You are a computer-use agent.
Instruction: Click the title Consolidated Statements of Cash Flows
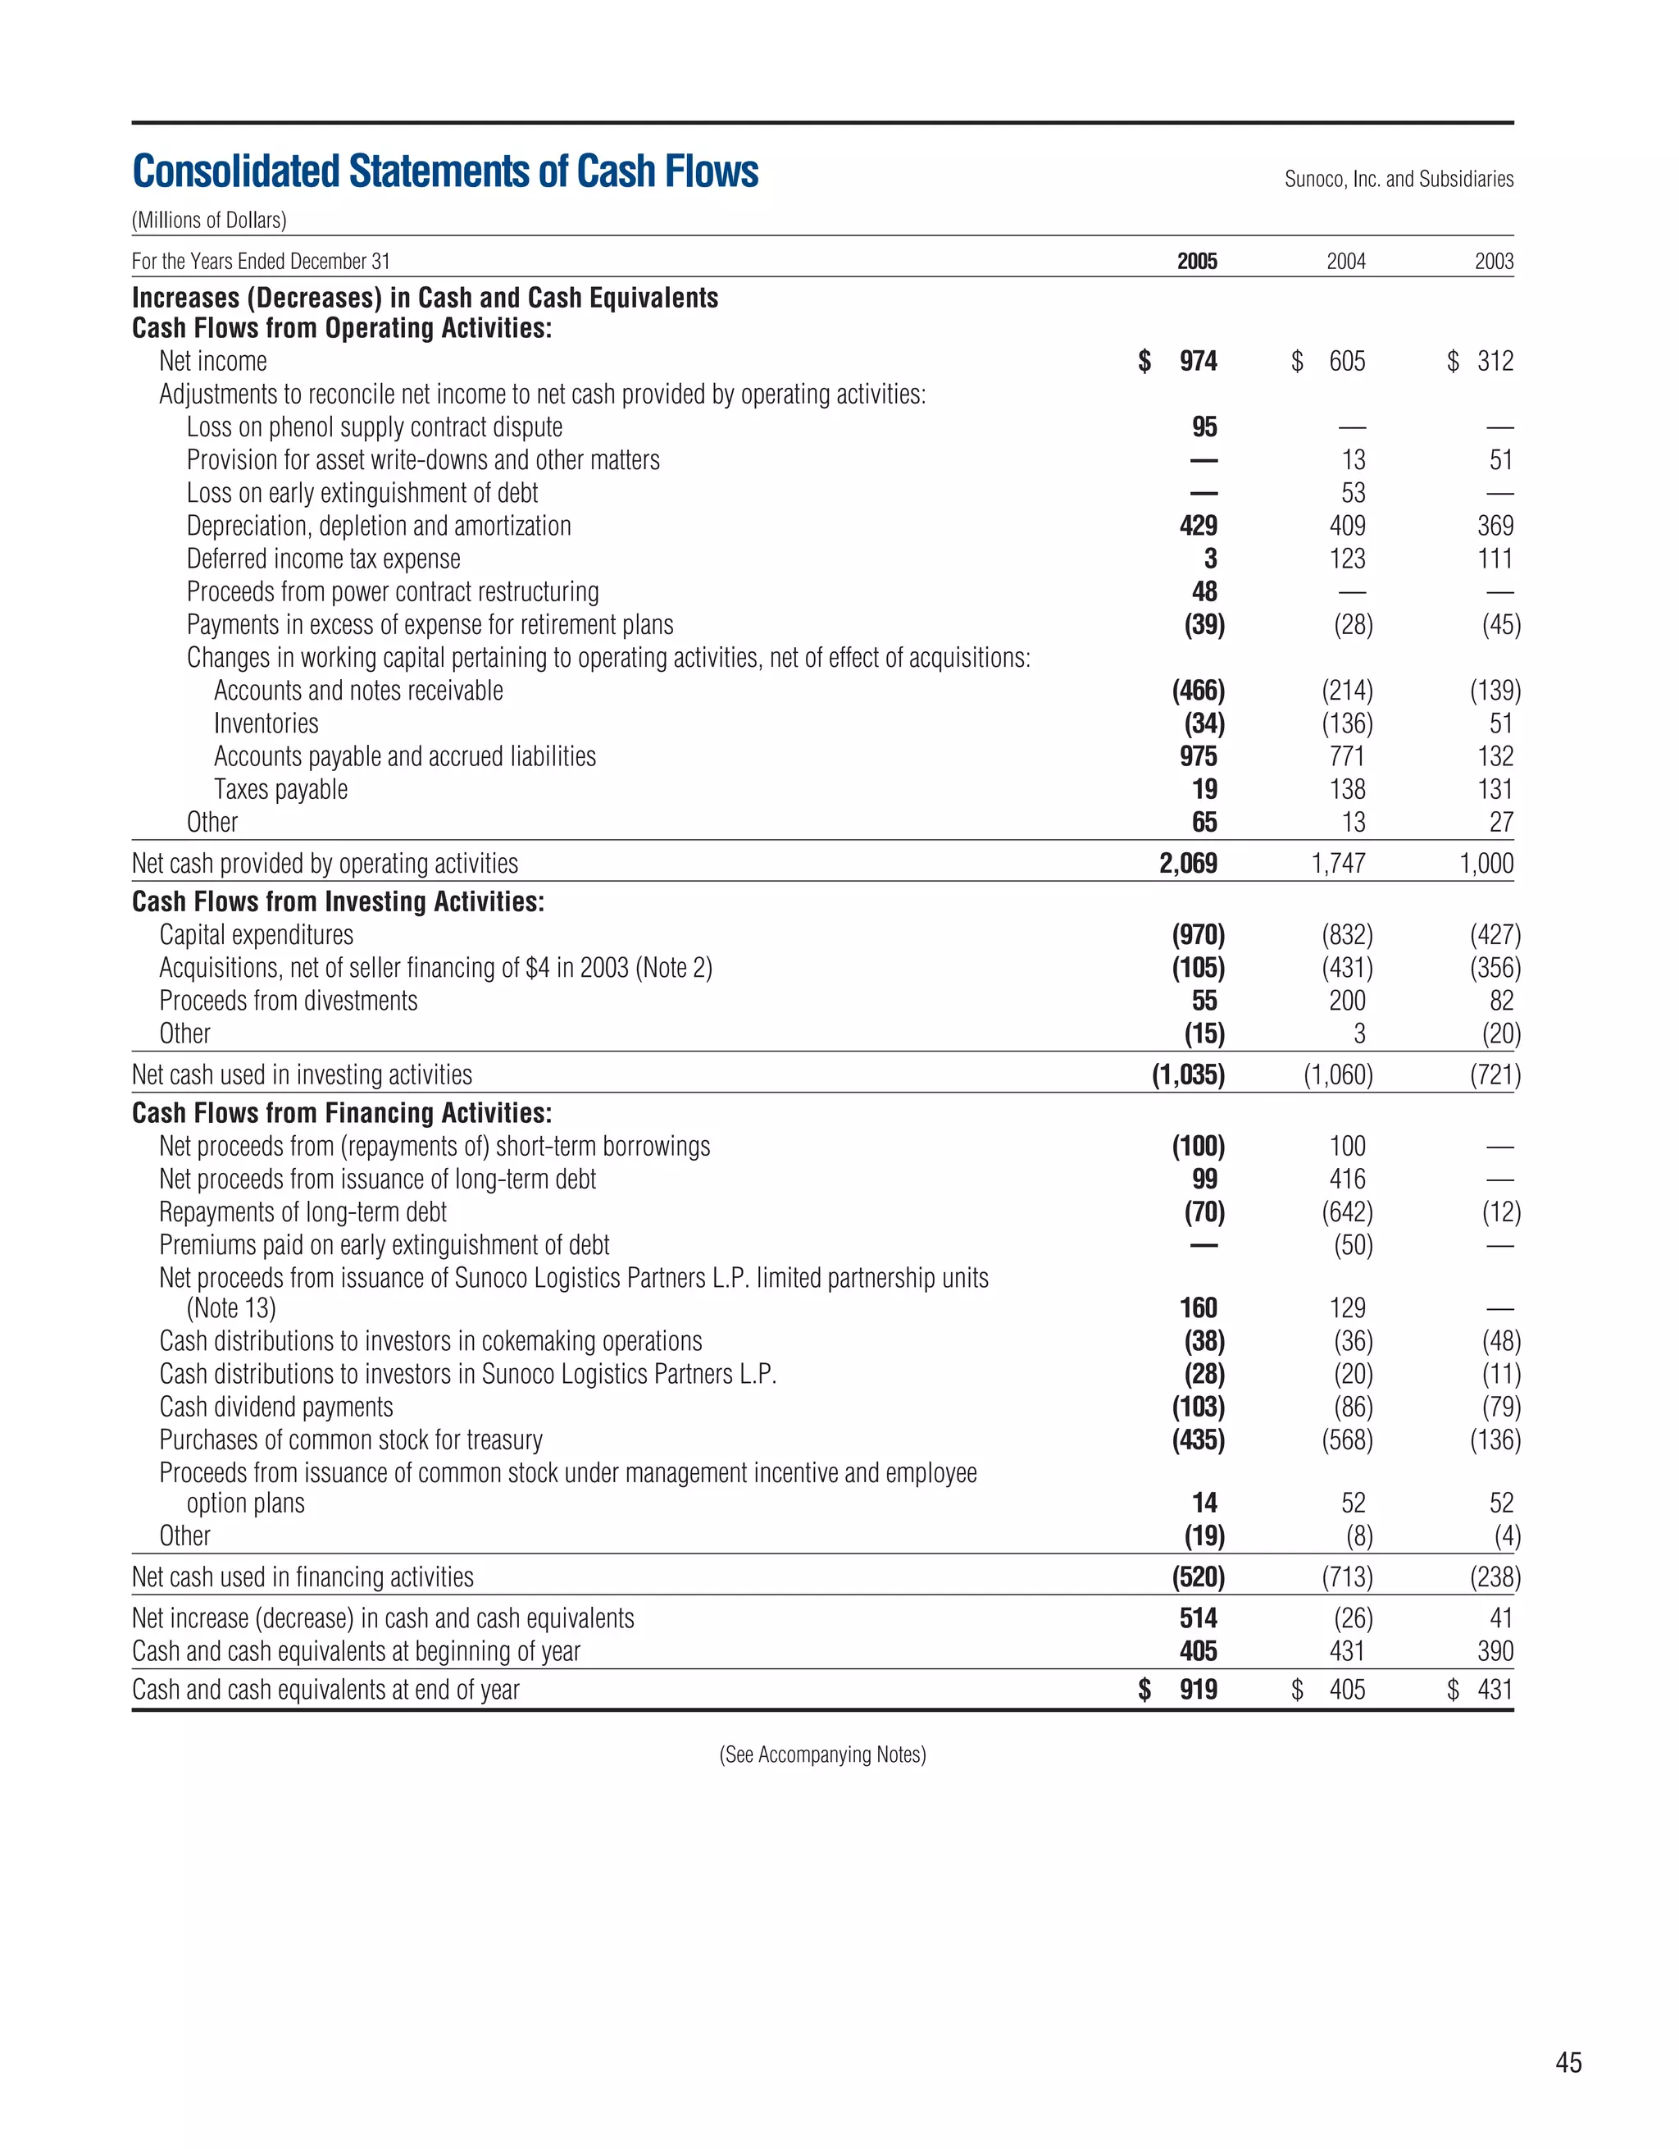(444, 171)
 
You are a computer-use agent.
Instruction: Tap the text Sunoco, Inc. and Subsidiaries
(1398, 179)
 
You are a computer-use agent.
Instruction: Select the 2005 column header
(1196, 261)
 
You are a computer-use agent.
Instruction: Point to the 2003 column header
(1493, 261)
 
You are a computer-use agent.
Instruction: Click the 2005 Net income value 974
(1197, 361)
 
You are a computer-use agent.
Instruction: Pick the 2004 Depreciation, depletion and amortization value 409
(1346, 526)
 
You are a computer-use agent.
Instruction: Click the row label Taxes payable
(280, 789)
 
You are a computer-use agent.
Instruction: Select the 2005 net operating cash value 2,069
(1187, 863)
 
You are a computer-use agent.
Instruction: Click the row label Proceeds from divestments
(289, 1001)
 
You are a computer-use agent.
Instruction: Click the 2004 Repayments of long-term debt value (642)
(1346, 1211)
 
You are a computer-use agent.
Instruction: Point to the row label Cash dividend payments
(275, 1407)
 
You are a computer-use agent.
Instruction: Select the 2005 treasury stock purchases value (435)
(1197, 1440)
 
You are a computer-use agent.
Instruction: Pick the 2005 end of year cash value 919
(1197, 1690)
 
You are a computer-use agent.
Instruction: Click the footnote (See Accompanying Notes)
(822, 1754)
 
